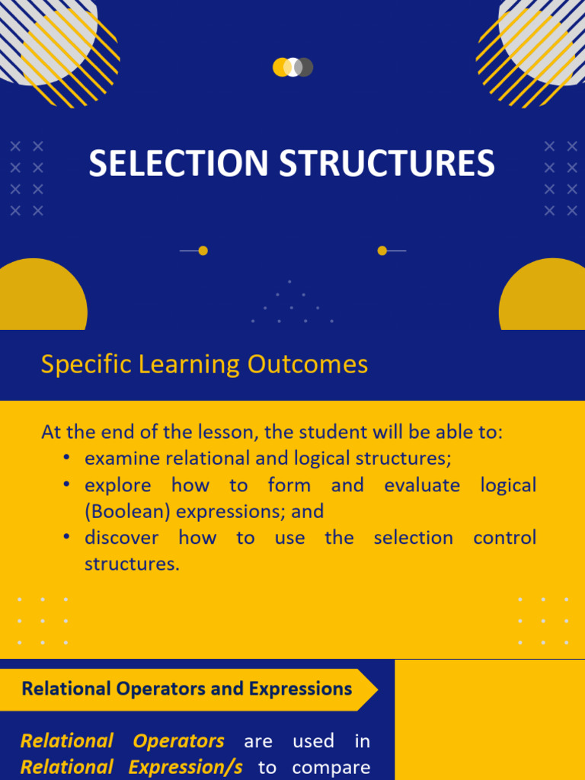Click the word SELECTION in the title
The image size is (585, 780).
tap(179, 164)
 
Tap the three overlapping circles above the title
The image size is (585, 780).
tap(292, 67)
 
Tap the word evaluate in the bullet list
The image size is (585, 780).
tap(422, 485)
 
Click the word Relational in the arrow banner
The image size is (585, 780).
tap(66, 689)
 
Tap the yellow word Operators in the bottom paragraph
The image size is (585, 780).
tap(178, 740)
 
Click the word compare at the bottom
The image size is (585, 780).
tap(331, 767)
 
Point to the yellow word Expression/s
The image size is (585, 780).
tap(186, 767)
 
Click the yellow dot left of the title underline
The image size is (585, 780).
tap(203, 251)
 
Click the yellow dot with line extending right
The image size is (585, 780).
tap(382, 251)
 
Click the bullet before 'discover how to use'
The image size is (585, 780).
tap(68, 537)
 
